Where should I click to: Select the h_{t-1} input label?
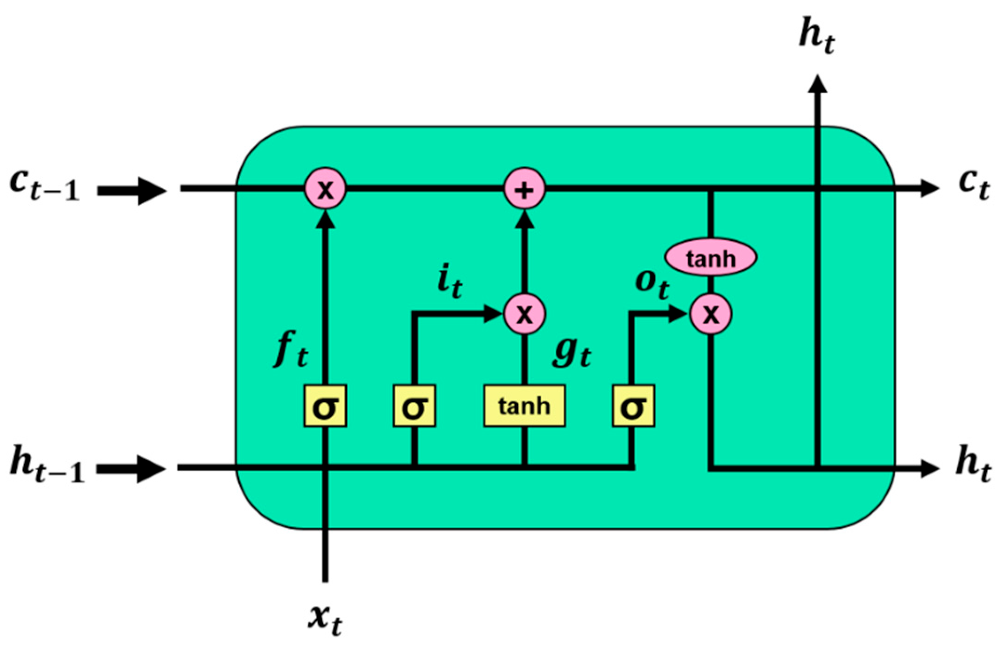pyautogui.click(x=46, y=468)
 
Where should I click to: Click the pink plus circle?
pyautogui.click(x=525, y=189)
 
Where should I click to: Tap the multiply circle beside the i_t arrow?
pyautogui.click(x=525, y=314)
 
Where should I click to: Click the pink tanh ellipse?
pyautogui.click(x=710, y=257)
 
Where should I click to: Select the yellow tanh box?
pyautogui.click(x=524, y=406)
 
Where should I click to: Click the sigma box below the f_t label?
pyautogui.click(x=325, y=406)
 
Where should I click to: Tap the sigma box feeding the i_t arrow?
pyautogui.click(x=414, y=406)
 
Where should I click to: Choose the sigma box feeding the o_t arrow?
pyautogui.click(x=633, y=406)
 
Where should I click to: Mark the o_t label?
pyautogui.click(x=652, y=284)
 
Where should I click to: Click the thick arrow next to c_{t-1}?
pyautogui.click(x=132, y=190)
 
